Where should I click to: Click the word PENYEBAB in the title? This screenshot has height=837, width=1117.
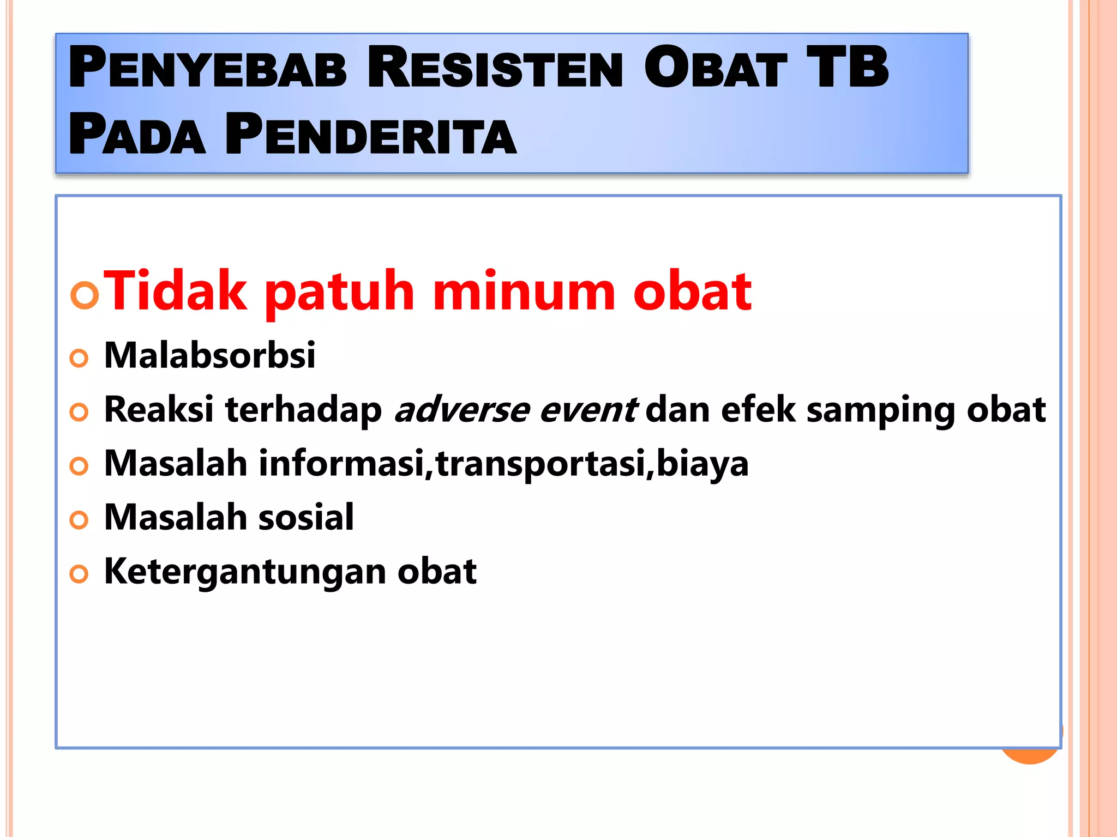207,68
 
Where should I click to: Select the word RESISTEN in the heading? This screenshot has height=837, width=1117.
495,68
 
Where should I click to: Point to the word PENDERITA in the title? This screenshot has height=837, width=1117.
371,135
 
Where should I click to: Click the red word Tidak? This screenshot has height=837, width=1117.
175,292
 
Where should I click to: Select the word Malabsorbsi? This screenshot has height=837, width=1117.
209,355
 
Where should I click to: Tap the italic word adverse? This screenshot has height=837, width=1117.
461,410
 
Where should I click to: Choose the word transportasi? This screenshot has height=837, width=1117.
541,464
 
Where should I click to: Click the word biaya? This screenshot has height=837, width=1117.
702,464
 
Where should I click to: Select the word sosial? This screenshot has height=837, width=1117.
306,517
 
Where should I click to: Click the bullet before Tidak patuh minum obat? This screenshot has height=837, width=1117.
85,295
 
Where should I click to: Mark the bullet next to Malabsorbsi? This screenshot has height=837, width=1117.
79,358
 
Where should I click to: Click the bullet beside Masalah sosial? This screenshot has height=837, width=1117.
79,520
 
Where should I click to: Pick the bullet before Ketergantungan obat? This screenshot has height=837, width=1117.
79,574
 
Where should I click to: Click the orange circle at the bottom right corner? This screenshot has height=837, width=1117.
1030,755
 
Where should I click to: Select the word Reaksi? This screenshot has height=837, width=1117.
158,410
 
